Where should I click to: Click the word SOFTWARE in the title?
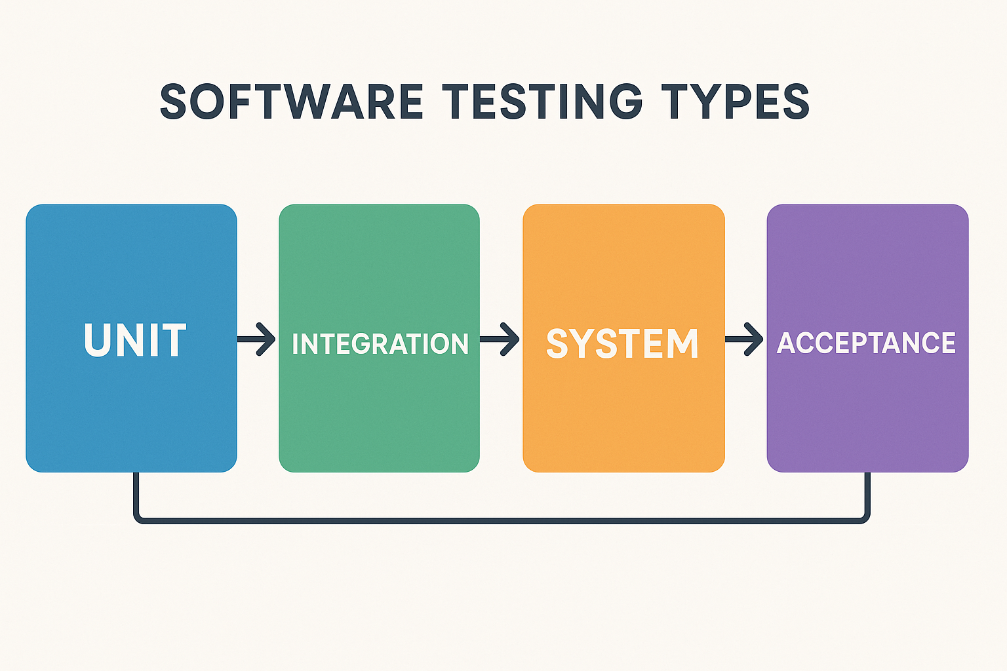[x=291, y=102]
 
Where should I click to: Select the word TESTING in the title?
[x=543, y=102]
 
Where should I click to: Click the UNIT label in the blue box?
[x=135, y=340]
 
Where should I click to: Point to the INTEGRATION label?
[x=380, y=344]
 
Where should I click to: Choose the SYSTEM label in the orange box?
[x=623, y=344]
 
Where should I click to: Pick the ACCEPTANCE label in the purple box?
[x=866, y=343]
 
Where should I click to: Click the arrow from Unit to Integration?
[x=256, y=339]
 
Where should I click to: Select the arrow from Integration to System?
[x=500, y=339]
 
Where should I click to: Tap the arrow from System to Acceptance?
[x=744, y=339]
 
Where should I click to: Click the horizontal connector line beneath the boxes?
[x=502, y=521]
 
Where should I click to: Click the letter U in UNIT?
[x=97, y=341]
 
